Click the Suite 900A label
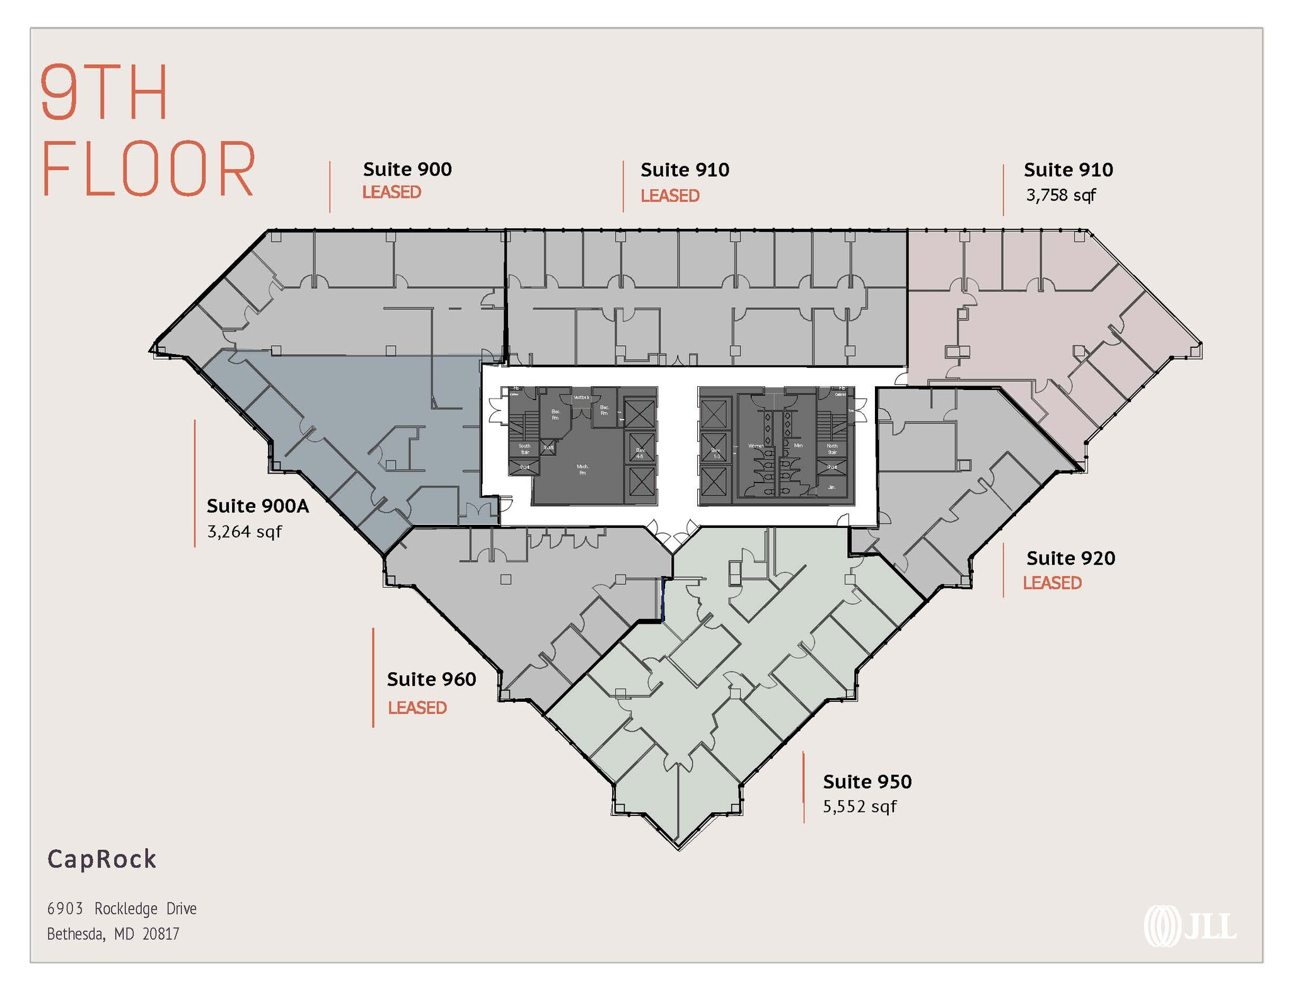258,506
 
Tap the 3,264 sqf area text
245,532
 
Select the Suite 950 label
867,782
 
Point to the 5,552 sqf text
859,806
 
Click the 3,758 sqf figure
1061,195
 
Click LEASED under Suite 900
391,192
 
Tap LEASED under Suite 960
417,708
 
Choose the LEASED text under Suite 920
1052,583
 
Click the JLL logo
1190,926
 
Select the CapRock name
102,859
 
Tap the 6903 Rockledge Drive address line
122,909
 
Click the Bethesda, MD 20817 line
113,934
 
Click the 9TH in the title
105,92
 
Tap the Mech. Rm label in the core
582,469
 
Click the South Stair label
524,449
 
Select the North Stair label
832,449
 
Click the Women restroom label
756,446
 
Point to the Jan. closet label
831,487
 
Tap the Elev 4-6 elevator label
640,452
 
